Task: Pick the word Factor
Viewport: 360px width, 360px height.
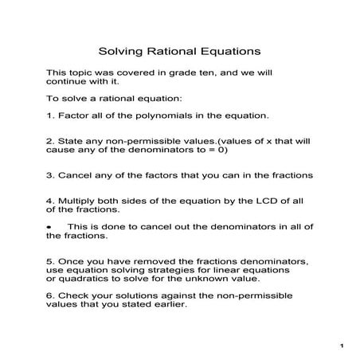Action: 72,115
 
